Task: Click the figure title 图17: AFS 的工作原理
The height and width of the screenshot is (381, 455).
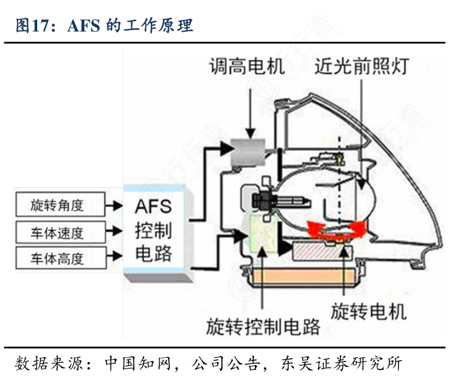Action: pyautogui.click(x=104, y=25)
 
